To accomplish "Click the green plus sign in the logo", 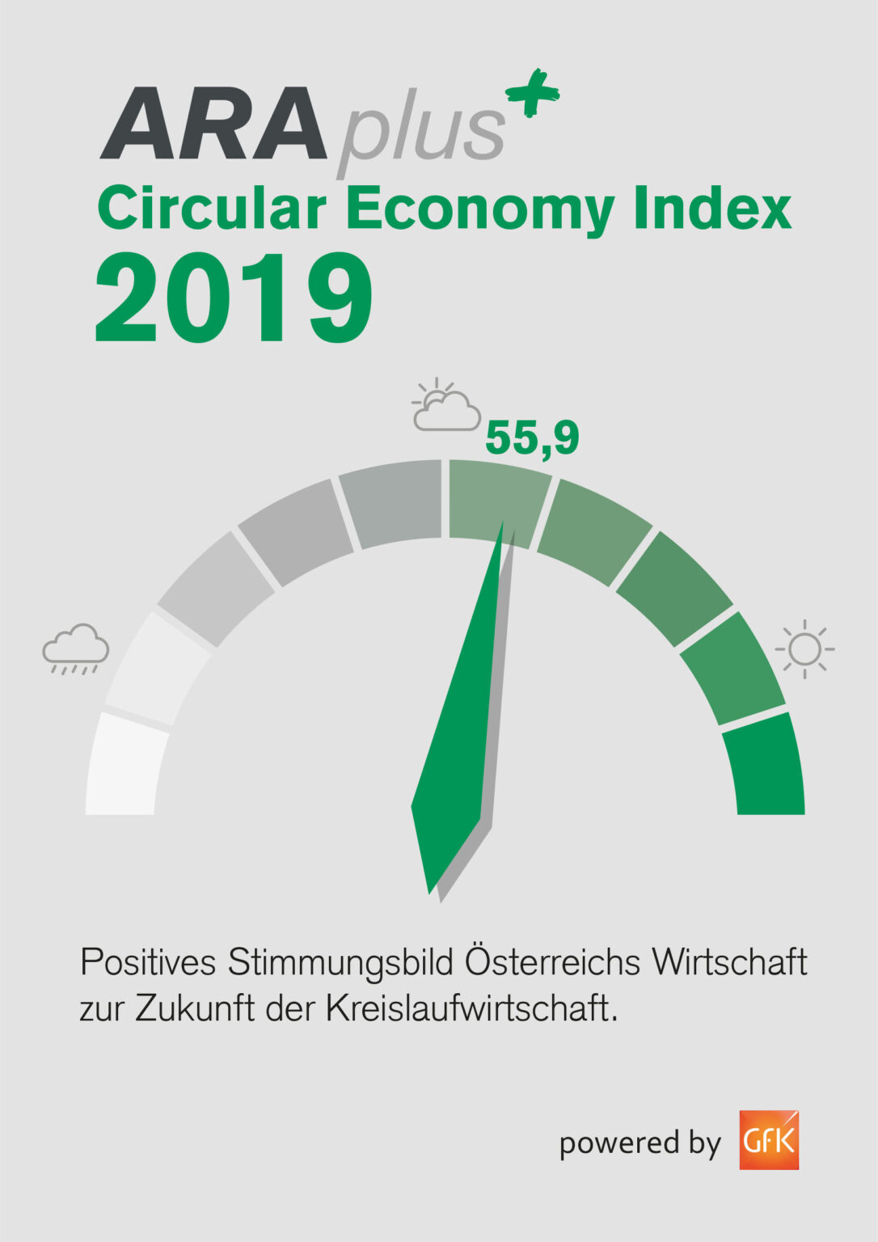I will click(533, 92).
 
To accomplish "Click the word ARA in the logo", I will click(214, 125).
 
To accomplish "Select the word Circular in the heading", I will click(212, 208).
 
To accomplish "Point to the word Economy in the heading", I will click(480, 209).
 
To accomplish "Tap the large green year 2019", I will click(234, 298).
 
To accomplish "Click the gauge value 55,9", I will click(532, 438).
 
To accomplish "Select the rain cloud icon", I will click(76, 648).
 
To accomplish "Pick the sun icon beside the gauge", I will click(804, 648).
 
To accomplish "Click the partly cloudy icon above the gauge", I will click(445, 406).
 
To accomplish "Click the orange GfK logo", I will click(768, 1140).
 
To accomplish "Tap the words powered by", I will click(639, 1143).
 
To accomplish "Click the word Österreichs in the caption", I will click(552, 962).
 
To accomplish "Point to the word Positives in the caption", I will click(148, 962).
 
